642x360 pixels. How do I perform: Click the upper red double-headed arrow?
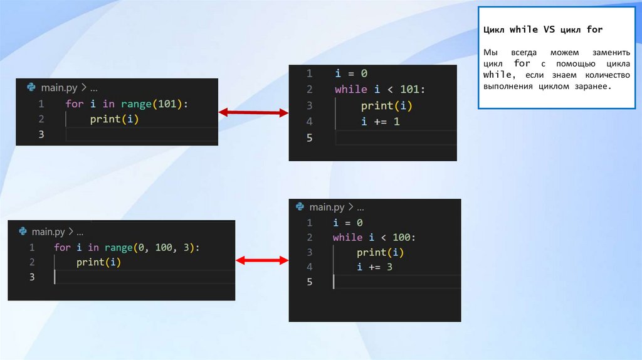point(253,113)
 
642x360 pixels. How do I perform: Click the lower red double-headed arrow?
point(261,260)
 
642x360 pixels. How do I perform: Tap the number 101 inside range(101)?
point(167,104)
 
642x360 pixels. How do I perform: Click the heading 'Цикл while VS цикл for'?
point(543,30)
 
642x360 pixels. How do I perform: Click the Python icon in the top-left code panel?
point(31,87)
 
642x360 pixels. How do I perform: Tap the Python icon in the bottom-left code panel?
point(23,231)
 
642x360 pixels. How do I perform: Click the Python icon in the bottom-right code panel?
point(300,207)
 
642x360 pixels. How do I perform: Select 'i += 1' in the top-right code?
point(380,122)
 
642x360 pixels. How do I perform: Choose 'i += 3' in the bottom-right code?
point(375,267)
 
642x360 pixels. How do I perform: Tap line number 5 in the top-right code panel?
point(309,138)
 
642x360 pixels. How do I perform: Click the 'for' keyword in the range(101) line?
point(74,104)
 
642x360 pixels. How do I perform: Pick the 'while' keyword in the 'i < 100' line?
point(347,238)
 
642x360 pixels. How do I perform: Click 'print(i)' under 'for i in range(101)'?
point(113,119)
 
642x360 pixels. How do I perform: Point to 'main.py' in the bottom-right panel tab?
point(327,207)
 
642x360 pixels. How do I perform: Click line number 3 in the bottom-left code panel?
point(32,277)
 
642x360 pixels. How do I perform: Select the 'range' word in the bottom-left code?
point(118,248)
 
